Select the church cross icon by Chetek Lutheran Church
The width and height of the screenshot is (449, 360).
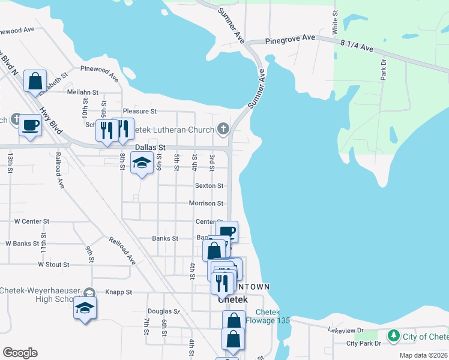click(223, 128)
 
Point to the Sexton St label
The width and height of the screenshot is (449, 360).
click(209, 186)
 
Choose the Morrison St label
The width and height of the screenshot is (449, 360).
click(206, 204)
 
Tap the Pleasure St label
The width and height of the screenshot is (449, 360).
click(139, 112)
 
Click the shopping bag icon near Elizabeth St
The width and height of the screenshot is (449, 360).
click(35, 80)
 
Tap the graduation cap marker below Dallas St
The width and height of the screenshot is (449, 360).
click(142, 163)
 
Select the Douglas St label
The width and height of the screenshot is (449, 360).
click(163, 312)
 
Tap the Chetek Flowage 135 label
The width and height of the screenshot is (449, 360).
click(273, 317)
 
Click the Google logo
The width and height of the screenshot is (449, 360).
click(20, 353)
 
